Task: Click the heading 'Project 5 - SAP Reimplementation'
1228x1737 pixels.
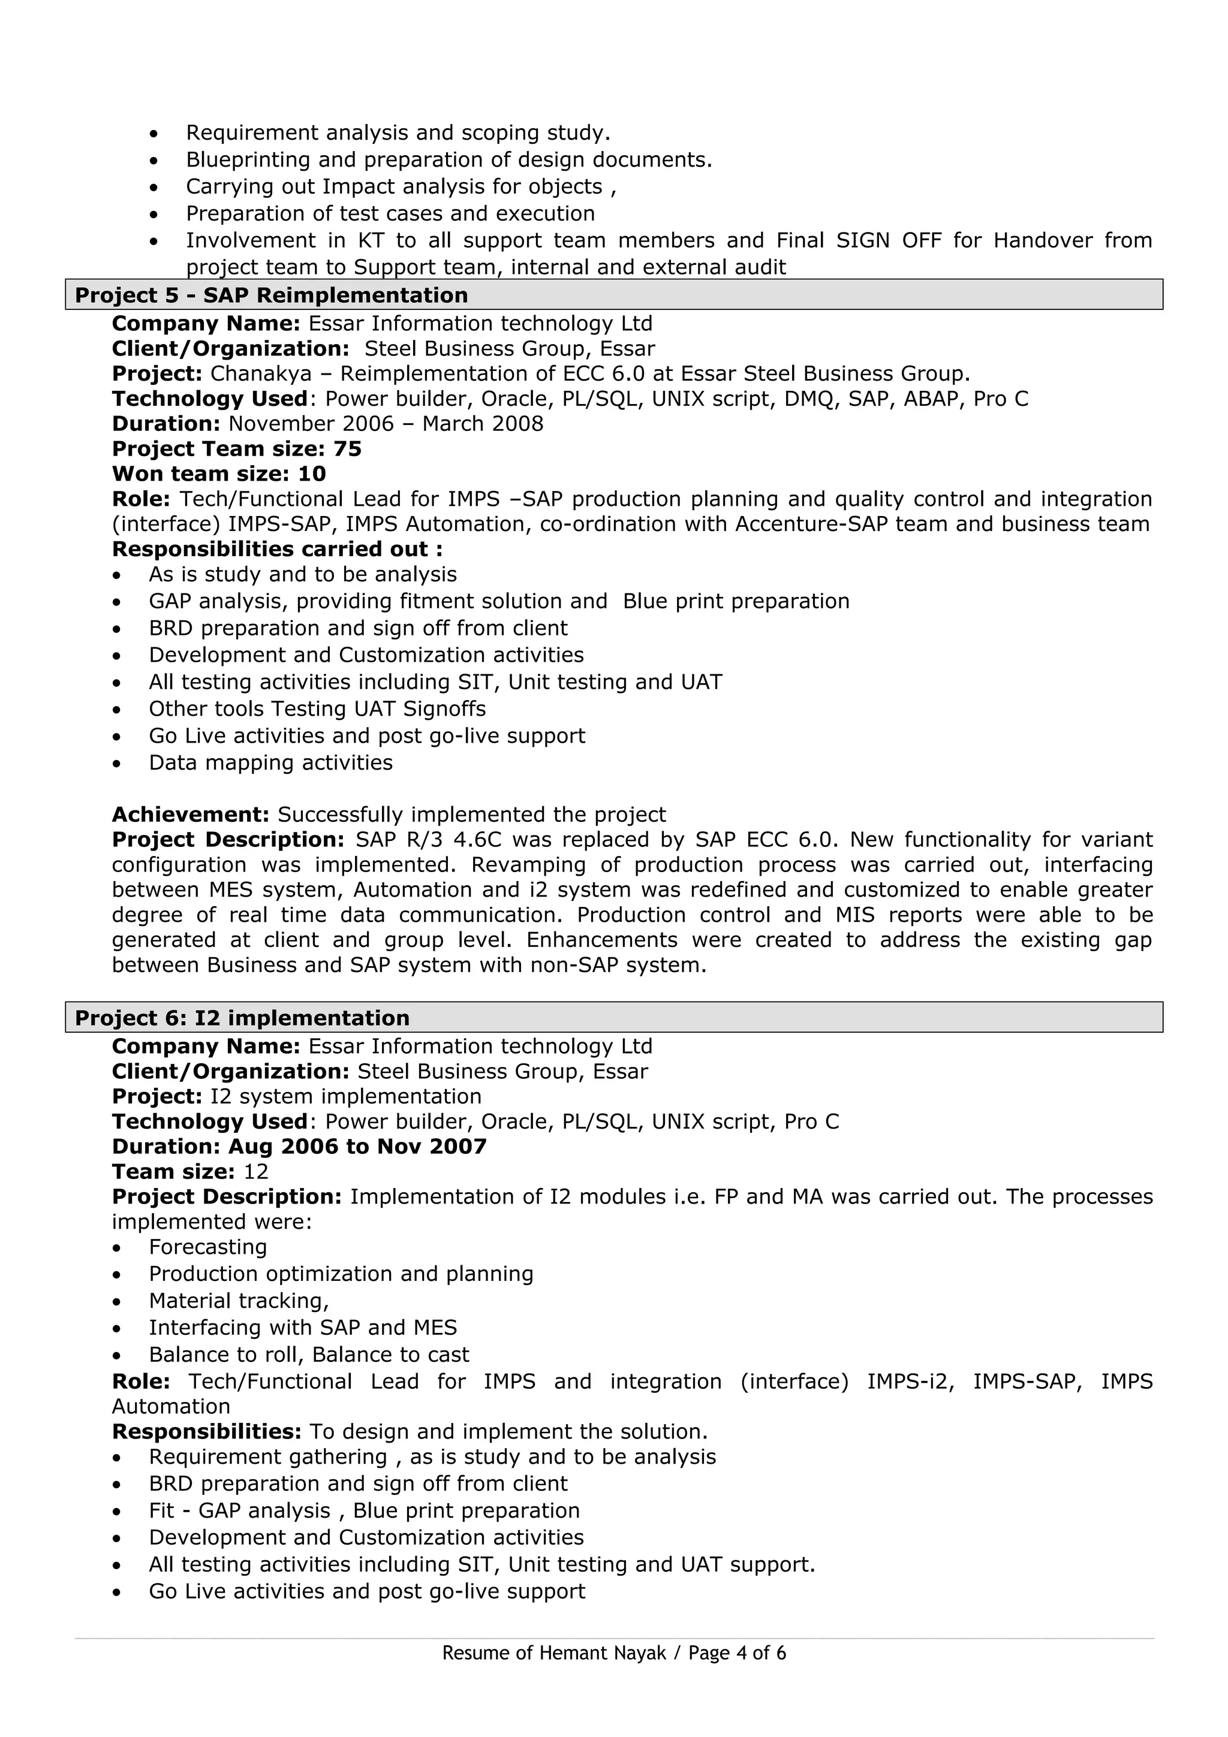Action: (x=271, y=295)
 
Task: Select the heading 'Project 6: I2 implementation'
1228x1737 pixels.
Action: (x=242, y=1018)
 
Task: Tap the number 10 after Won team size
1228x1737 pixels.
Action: (x=312, y=474)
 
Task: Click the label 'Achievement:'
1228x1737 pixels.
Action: (x=191, y=814)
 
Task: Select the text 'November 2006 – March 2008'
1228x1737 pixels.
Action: (x=386, y=424)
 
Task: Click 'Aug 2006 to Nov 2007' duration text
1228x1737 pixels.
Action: (x=357, y=1146)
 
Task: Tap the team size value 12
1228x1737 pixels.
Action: (x=256, y=1171)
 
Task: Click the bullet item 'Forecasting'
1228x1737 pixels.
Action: (x=207, y=1247)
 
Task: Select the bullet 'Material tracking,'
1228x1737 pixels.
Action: (x=238, y=1301)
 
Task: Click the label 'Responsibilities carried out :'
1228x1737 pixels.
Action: (x=277, y=549)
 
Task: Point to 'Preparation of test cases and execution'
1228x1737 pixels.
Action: (x=390, y=213)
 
